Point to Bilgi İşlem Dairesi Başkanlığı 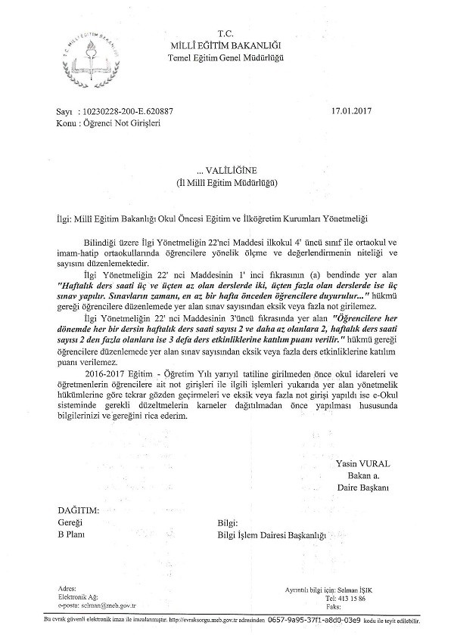pyautogui.click(x=270, y=535)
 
